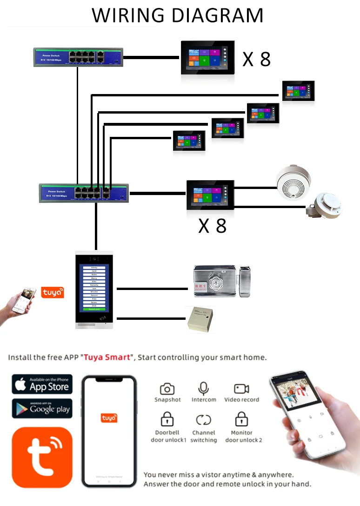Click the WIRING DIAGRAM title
[178, 15]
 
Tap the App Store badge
[42, 385]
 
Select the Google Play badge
[42, 409]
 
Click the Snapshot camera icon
[167, 389]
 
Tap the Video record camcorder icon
[241, 389]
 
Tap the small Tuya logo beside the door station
[53, 292]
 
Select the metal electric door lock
[220, 282]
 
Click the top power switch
[76, 57]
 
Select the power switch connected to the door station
[84, 192]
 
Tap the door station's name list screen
[95, 288]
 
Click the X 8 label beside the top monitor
[256, 60]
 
